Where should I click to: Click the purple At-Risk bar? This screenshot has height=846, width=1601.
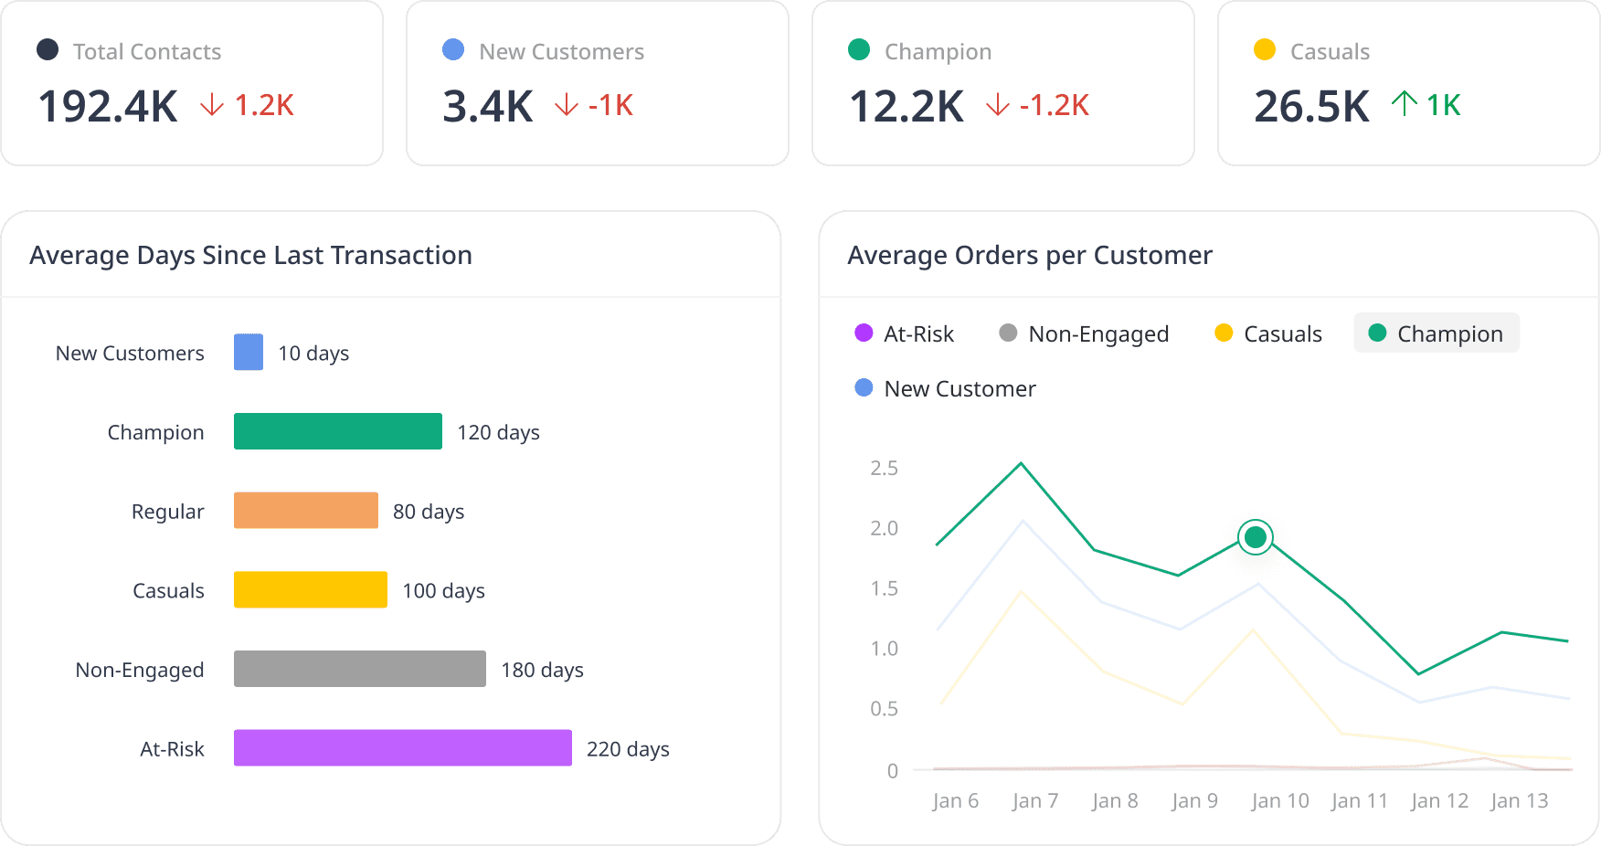tap(402, 747)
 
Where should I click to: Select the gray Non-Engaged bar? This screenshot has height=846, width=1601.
tap(359, 669)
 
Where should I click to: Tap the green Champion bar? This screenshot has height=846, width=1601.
tap(337, 431)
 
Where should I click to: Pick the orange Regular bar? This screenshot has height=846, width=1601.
tap(305, 511)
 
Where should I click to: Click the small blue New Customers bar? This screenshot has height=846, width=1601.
tap(249, 352)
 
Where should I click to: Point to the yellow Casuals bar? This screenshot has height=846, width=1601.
tap(310, 589)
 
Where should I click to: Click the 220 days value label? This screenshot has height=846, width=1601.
tap(628, 749)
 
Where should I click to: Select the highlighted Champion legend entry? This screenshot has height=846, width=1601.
tap(1436, 333)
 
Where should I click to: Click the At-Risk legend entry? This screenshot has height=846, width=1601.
tap(904, 333)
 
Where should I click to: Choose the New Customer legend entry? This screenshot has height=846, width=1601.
tap(945, 388)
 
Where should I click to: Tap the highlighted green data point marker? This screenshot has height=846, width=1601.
tap(1256, 536)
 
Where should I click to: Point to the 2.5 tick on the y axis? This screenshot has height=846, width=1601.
tap(884, 468)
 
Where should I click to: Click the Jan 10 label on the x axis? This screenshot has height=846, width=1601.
tap(1279, 801)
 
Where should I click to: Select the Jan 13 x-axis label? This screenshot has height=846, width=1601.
tap(1519, 801)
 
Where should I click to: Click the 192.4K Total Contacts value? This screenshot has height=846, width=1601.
tap(108, 106)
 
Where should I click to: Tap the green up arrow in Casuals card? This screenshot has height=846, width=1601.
tap(1404, 104)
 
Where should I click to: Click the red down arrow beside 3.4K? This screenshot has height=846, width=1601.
tap(567, 105)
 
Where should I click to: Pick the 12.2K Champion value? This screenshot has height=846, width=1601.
tap(907, 106)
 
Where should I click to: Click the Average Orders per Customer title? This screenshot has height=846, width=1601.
tap(1030, 255)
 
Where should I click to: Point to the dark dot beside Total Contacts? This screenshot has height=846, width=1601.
tap(48, 49)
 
